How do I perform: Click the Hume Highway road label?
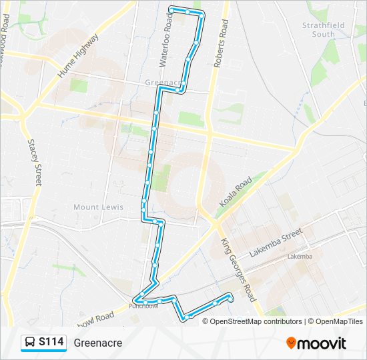click(x=78, y=57)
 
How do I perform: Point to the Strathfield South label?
click(x=318, y=29)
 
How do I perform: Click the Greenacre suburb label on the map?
click(x=163, y=83)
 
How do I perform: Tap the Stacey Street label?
click(x=35, y=162)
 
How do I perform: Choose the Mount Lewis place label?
click(x=98, y=207)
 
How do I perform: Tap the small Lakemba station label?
click(x=300, y=257)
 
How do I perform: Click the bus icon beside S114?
click(x=30, y=343)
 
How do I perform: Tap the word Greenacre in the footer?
click(x=98, y=343)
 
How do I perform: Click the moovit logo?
click(x=316, y=343)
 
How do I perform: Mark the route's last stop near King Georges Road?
click(x=231, y=299)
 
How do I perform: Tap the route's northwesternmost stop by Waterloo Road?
click(x=171, y=9)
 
